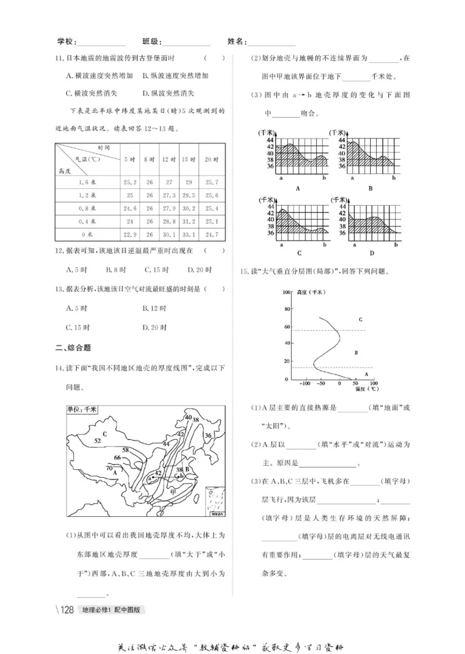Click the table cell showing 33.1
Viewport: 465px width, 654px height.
[x=188, y=235]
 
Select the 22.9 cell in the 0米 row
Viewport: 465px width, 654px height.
[x=130, y=235]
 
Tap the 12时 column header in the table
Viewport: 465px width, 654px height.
[x=169, y=159]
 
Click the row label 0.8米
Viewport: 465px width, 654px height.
[x=87, y=208]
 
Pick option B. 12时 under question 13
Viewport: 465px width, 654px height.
[x=155, y=308]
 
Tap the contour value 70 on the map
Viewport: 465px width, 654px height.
[x=109, y=467]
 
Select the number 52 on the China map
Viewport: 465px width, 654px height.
[x=97, y=441]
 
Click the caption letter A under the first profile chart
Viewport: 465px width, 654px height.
[x=298, y=188]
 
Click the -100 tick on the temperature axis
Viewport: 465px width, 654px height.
[x=304, y=384]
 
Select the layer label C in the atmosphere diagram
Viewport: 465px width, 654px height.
[x=360, y=319]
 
